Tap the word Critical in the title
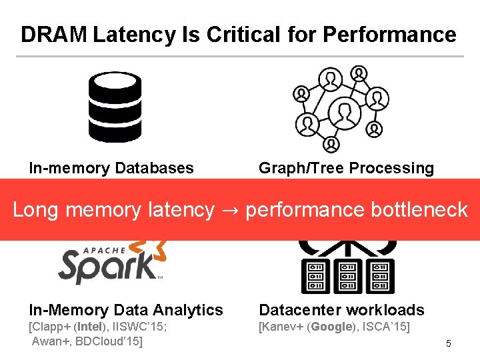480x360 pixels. (x=221, y=35)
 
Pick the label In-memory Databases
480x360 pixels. (x=111, y=168)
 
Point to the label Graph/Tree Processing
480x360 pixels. (x=346, y=168)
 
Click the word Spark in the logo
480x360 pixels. (x=107, y=265)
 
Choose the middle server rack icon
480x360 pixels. (x=347, y=275)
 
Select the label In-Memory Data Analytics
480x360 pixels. (x=126, y=310)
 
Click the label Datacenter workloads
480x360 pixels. (x=341, y=310)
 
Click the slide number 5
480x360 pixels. (x=449, y=344)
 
